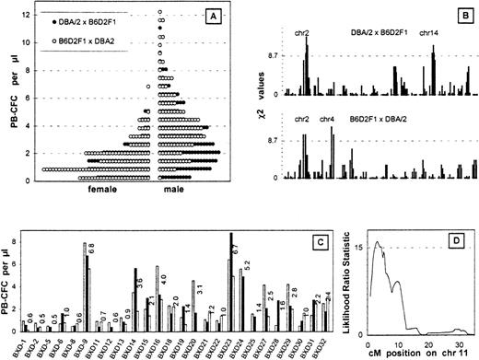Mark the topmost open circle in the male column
coord(160,12)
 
